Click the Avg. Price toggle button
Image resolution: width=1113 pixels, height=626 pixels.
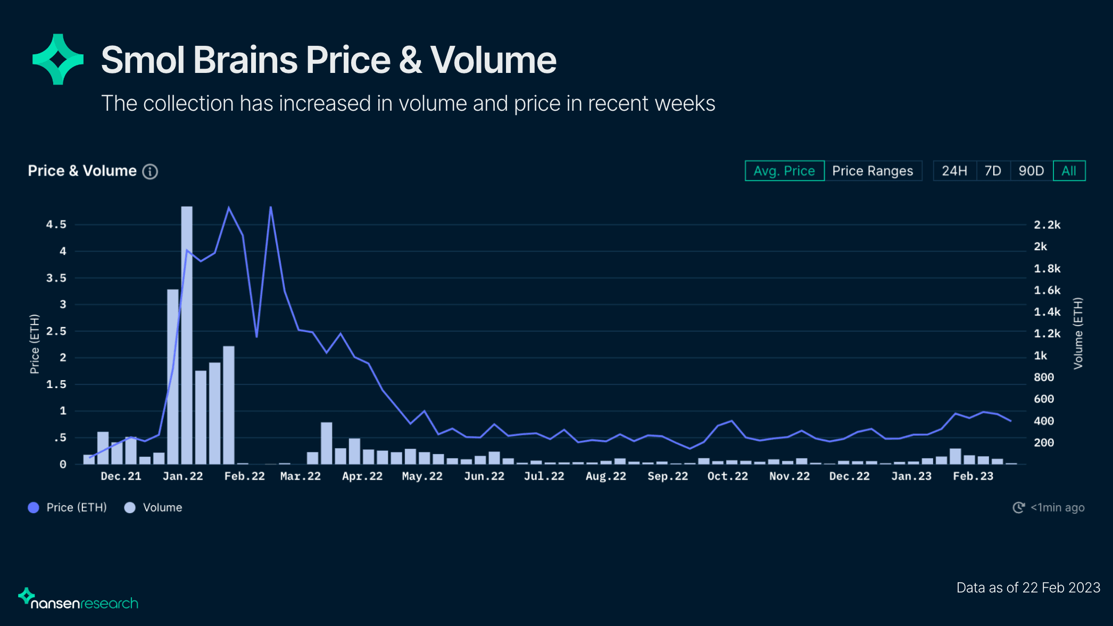coord(784,171)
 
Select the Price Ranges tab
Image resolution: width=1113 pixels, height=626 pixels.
coord(873,171)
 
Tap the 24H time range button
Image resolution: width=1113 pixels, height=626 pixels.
coord(954,171)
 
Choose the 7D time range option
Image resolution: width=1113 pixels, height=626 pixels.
coord(993,171)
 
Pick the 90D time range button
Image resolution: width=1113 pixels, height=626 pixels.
coord(1031,171)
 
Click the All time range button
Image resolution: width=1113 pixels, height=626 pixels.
coord(1069,171)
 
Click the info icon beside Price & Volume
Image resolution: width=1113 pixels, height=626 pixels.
coord(150,171)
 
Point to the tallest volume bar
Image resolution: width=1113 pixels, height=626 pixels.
coord(187,335)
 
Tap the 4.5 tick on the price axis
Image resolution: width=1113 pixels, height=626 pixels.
coord(56,225)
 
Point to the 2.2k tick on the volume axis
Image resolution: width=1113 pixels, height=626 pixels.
coord(1047,225)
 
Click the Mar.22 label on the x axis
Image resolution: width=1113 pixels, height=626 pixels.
coord(301,476)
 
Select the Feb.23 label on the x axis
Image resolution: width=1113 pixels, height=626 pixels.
coord(973,476)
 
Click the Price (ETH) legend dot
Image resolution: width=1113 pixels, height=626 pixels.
coord(34,508)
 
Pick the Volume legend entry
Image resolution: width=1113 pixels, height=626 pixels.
coord(154,508)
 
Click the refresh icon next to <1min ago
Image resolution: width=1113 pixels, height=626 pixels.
coord(1018,508)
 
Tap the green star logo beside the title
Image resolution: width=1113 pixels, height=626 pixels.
coord(58,59)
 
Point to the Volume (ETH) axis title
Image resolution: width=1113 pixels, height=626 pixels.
coord(1078,333)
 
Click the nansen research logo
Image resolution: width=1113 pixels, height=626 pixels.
coord(78,600)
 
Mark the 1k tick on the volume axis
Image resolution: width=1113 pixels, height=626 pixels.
coord(1040,356)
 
